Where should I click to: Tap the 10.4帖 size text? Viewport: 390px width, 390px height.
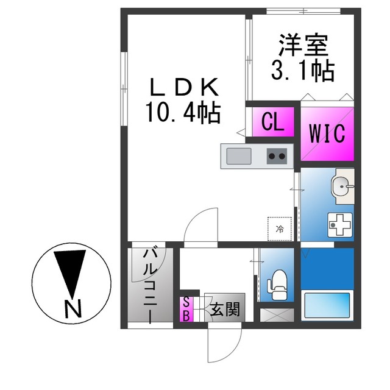click(183, 113)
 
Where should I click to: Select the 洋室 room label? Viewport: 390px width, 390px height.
click(303, 45)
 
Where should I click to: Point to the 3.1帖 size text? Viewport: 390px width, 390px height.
click(302, 71)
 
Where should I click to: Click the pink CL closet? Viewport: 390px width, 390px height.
click(273, 122)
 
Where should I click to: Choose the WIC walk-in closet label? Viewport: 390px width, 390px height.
click(327, 133)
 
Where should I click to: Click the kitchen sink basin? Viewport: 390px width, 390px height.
click(239, 156)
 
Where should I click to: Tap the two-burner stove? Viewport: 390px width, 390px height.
click(277, 156)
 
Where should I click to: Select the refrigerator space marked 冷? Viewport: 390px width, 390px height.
click(279, 229)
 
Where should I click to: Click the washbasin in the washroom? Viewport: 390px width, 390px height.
click(342, 186)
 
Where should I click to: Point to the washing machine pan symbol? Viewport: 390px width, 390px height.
click(340, 225)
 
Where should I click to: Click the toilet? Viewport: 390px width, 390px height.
click(277, 285)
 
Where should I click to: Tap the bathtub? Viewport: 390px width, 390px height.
click(327, 305)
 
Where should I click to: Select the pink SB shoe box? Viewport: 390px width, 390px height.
click(186, 309)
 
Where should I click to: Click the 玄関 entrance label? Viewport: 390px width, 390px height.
click(225, 310)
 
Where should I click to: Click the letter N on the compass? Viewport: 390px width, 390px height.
click(73, 309)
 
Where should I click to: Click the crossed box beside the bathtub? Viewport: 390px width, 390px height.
click(277, 315)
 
